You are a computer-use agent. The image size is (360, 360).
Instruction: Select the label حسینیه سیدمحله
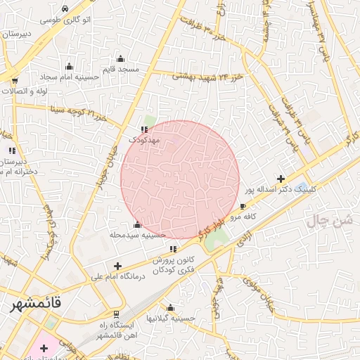(138, 235)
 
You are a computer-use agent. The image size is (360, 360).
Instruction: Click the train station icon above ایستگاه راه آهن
(115, 314)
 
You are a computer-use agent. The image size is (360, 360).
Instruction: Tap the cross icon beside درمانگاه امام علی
(117, 266)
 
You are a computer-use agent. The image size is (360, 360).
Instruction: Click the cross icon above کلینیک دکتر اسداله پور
(281, 179)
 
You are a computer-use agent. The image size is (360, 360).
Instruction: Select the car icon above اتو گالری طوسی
(65, 9)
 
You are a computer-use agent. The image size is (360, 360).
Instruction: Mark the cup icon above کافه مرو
(243, 207)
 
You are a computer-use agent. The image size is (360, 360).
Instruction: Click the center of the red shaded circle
(180, 179)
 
